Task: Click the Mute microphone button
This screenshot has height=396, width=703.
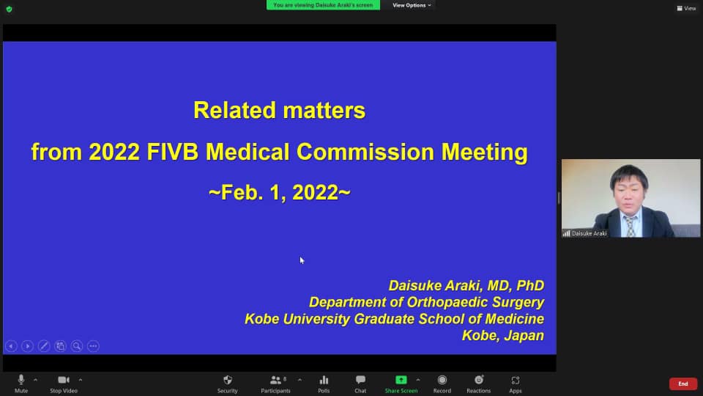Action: point(21,384)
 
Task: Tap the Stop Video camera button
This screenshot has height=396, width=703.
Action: point(64,384)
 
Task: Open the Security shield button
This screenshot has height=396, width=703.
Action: point(228,384)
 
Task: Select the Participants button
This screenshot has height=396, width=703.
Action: point(276,384)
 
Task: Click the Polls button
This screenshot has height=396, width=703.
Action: point(324,384)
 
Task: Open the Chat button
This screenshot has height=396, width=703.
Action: point(360,384)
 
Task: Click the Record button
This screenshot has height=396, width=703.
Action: point(442,384)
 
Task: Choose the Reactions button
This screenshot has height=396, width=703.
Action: point(478,384)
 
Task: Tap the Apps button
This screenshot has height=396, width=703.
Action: point(515,384)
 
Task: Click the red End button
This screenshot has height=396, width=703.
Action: point(682,384)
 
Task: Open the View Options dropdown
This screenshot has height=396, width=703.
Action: point(412,5)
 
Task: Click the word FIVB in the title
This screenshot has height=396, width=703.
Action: point(173,152)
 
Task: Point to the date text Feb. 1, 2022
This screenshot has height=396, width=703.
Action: point(280,193)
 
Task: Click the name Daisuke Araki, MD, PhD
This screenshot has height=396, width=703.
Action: point(466,285)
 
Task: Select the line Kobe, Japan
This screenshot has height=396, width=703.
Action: point(503,335)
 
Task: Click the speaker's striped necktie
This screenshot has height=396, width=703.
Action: point(630,226)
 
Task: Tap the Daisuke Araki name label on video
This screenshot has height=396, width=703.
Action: point(589,233)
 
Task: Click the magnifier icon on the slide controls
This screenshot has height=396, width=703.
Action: point(77,345)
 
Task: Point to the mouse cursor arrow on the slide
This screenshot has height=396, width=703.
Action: point(302,260)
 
